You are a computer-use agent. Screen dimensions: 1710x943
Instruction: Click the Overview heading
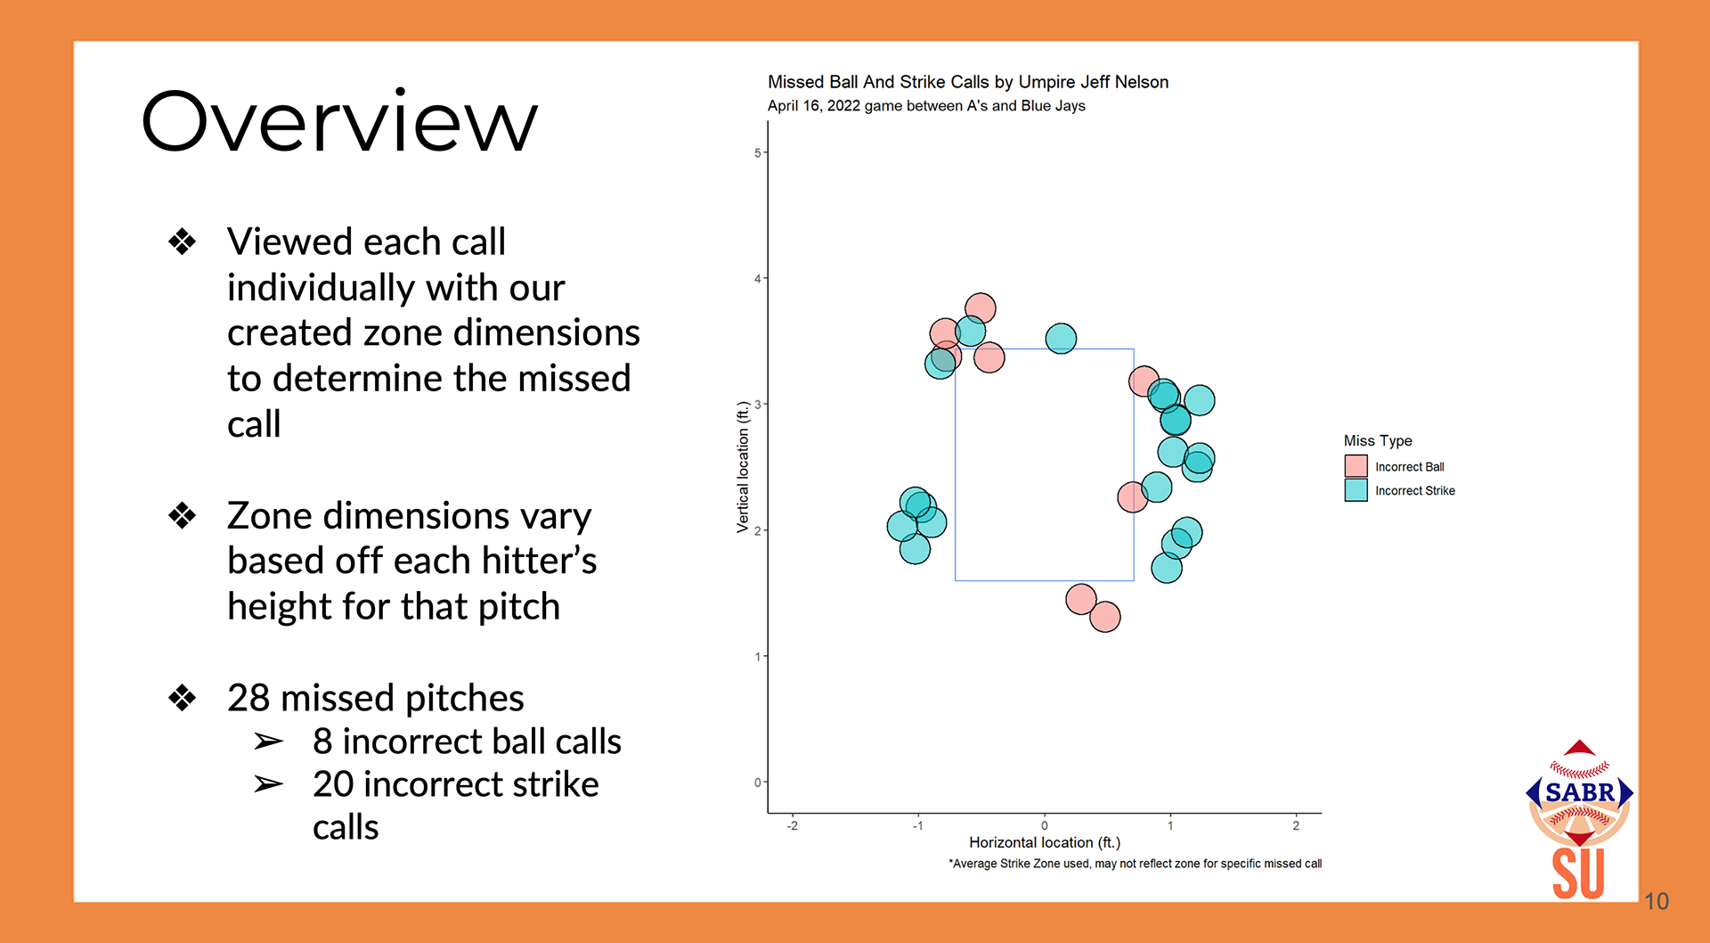339,121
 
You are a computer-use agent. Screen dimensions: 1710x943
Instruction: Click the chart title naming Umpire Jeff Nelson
967,82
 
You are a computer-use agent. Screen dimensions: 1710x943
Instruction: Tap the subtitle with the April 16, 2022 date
926,106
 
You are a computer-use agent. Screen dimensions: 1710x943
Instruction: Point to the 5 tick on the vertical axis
758,153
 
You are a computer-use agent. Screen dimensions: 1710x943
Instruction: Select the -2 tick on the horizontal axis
792,826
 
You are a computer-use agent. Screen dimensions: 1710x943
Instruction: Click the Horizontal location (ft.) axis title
1044,842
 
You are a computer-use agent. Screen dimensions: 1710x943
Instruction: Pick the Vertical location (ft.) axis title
743,467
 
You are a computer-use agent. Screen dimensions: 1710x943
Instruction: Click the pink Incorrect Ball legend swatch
1356,466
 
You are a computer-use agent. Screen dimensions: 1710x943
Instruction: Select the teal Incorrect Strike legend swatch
1356,490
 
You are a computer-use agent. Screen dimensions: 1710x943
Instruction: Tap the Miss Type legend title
1377,440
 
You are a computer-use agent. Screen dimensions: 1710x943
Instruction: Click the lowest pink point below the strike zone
1104,617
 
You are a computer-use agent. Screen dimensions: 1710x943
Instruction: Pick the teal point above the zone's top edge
1061,339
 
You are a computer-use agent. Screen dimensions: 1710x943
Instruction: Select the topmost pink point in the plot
980,308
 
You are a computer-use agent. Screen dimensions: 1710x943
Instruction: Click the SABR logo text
1579,792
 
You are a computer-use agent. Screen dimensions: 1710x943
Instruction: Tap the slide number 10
1656,901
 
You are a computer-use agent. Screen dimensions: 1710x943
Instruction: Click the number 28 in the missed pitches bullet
248,698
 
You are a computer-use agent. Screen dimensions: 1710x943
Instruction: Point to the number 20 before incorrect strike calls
333,784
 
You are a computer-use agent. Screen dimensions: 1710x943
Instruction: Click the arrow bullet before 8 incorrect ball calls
268,742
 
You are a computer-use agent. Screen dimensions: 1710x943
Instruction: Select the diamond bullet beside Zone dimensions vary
183,515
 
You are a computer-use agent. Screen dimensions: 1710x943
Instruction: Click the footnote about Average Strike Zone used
1135,864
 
